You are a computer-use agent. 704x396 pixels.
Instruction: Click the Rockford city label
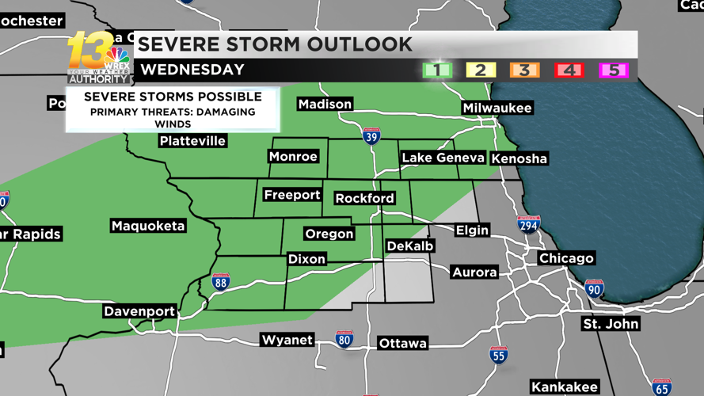(364, 198)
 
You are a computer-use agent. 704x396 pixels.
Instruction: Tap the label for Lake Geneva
(443, 158)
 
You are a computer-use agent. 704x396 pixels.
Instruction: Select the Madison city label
(325, 104)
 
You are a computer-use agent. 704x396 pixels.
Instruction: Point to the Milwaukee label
(497, 108)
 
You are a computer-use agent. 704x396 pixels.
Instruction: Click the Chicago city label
(566, 258)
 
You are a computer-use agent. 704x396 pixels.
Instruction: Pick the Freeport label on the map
(291, 195)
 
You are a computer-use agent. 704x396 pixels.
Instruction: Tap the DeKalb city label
(409, 246)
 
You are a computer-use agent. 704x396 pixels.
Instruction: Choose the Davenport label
(139, 311)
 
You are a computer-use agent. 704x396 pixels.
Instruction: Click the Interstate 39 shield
(371, 136)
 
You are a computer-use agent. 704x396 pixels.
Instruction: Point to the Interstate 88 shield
(221, 282)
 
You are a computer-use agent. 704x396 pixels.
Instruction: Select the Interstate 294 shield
(529, 225)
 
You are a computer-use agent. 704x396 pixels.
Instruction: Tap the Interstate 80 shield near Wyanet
(344, 340)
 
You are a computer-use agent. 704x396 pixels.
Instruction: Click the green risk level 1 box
(436, 70)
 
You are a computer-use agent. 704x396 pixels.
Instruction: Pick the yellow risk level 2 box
(480, 70)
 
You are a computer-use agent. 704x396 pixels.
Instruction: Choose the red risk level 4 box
(569, 70)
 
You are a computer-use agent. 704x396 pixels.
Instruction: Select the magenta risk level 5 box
(613, 70)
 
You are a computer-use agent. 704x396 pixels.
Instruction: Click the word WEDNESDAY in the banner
(192, 70)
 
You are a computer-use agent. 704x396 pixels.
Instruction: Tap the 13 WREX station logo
(98, 58)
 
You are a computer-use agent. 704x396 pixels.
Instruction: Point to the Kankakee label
(564, 387)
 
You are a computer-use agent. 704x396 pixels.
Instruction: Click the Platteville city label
(192, 141)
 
